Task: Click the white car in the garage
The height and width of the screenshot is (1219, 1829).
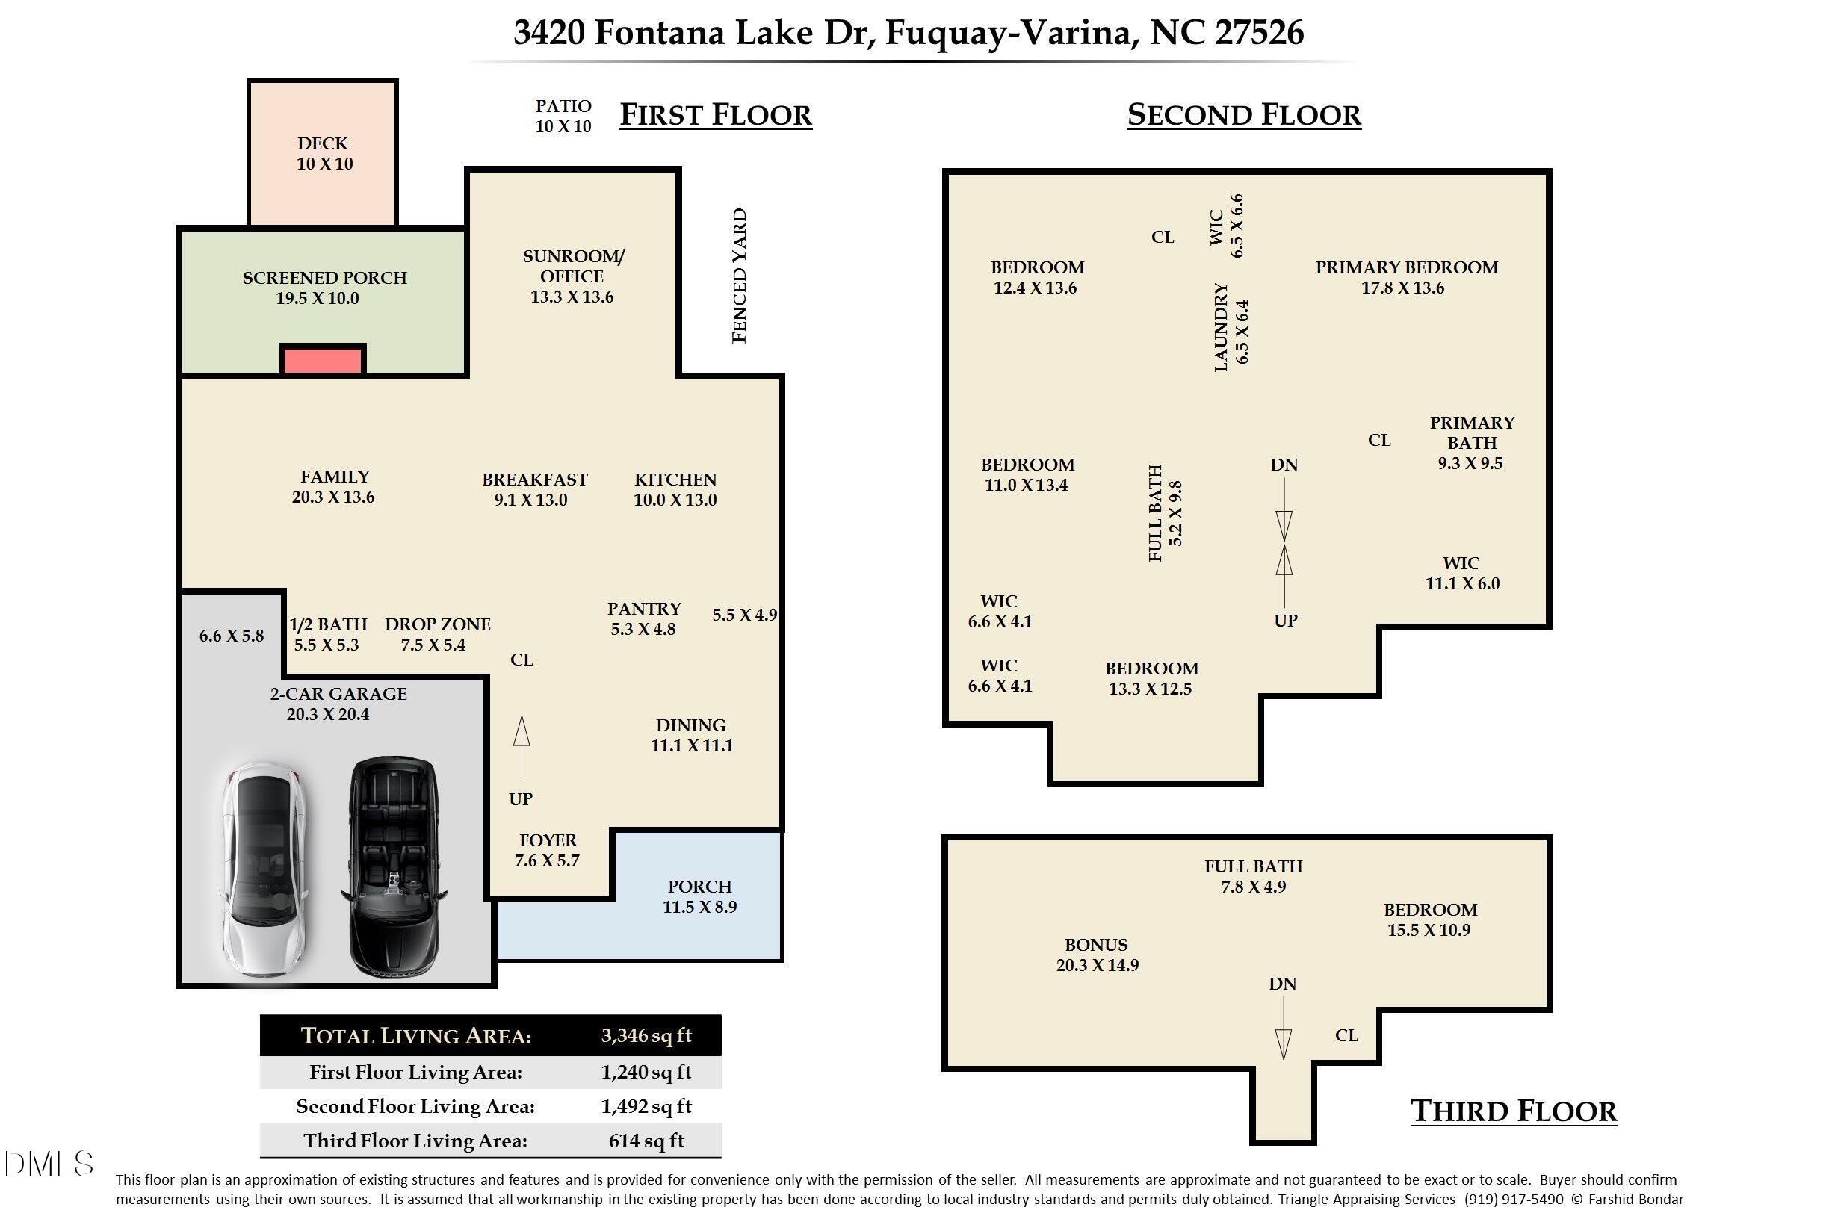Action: pos(264,869)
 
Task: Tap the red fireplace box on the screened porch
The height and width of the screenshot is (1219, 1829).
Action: pos(323,361)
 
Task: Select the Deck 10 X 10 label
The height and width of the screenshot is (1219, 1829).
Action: pos(324,154)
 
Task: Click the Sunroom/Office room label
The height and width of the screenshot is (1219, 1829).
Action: pos(572,276)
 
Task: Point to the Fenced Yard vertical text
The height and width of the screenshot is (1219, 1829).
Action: pos(740,275)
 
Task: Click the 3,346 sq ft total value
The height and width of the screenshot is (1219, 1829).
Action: pos(646,1035)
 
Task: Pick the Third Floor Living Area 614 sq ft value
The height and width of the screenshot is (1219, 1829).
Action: pos(646,1141)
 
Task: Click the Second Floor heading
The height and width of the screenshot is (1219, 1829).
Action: pos(1243,115)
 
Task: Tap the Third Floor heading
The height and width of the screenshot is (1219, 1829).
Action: pos(1513,1111)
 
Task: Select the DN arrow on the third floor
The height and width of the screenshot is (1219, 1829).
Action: pos(1283,1028)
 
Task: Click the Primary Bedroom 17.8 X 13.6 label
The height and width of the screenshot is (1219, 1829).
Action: pos(1406,278)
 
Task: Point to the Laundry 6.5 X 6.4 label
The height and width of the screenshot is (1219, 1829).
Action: pos(1231,327)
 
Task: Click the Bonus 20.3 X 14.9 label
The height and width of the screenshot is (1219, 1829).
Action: pos(1097,955)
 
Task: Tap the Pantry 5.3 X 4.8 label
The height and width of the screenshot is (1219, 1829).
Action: pos(644,618)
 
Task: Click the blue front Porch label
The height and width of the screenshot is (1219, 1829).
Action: pos(699,896)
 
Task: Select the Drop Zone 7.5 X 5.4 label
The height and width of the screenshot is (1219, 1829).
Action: pos(437,634)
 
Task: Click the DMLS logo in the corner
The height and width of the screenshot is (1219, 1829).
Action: pos(49,1164)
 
